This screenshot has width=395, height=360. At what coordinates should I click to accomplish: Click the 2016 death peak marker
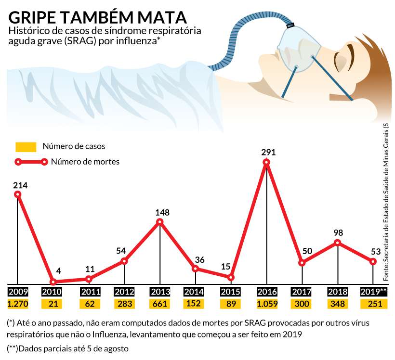pyautogui.click(x=266, y=162)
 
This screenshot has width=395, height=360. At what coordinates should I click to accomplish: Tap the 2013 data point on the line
pyautogui.click(x=160, y=222)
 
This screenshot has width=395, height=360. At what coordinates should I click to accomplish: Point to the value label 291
pyautogui.click(x=268, y=152)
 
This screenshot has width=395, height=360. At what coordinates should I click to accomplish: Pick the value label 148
pyautogui.click(x=163, y=212)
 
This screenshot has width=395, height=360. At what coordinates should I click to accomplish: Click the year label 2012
pyautogui.click(x=124, y=292)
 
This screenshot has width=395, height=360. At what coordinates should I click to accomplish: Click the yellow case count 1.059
pyautogui.click(x=266, y=304)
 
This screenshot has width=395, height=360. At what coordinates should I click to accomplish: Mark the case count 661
pyautogui.click(x=160, y=304)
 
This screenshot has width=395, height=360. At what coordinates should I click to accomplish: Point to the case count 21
pyautogui.click(x=53, y=304)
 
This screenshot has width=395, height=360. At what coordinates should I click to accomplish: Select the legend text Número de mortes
pyautogui.click(x=85, y=162)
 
